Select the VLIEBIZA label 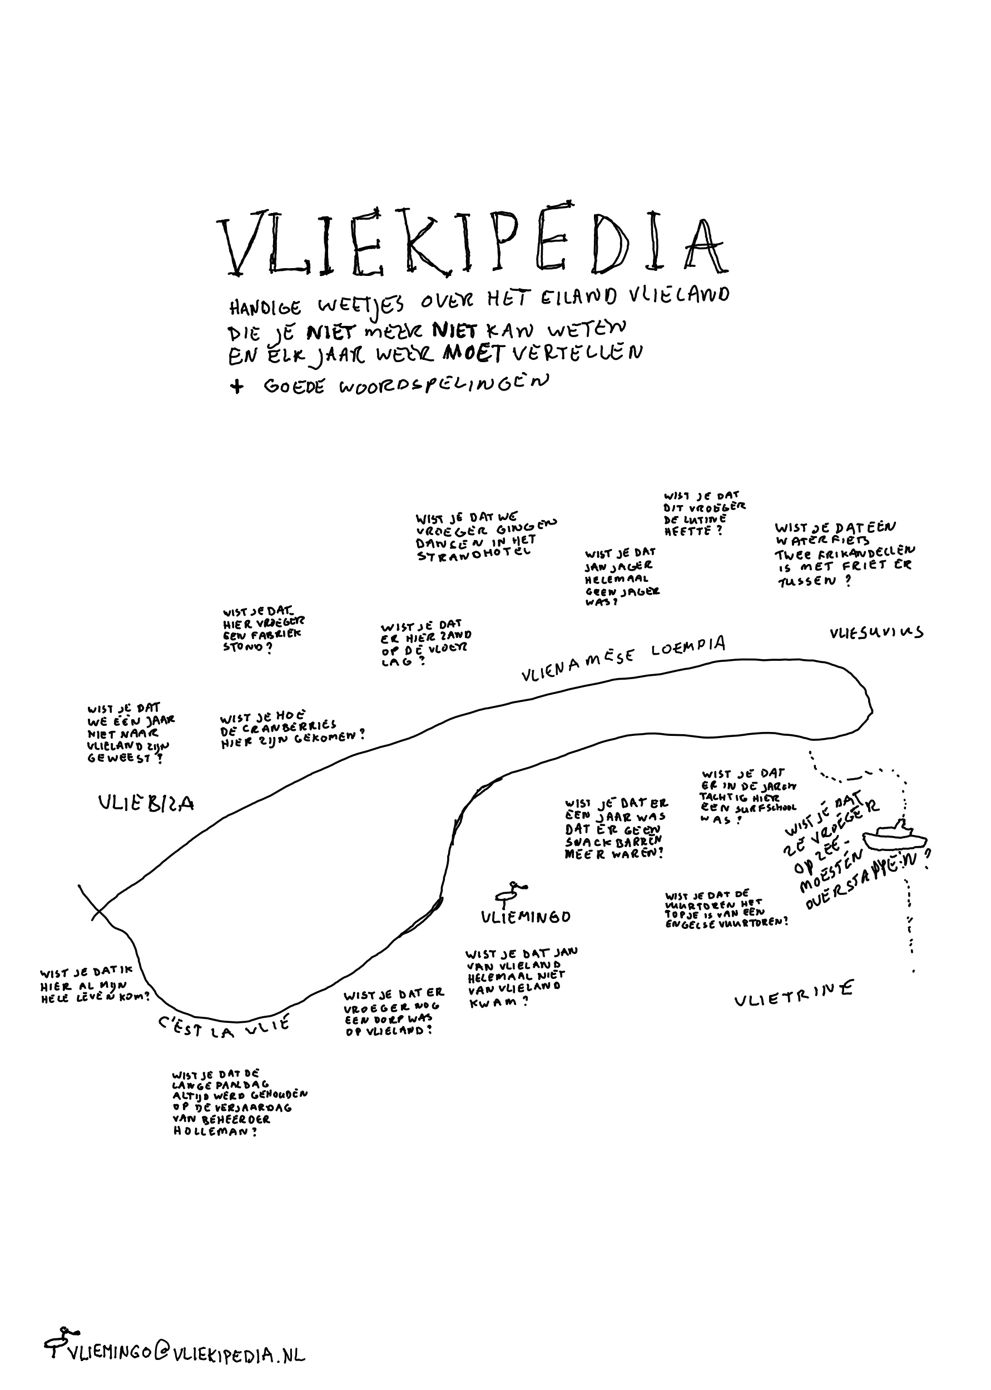146,803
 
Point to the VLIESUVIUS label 876,633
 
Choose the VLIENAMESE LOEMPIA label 622,659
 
